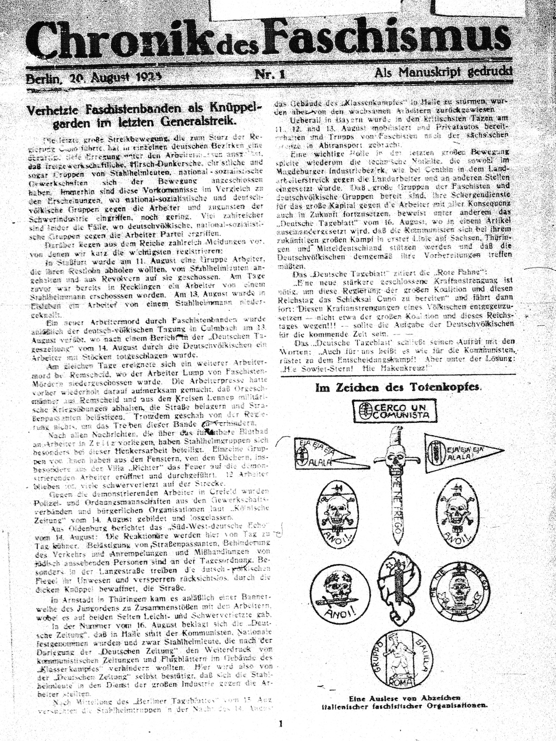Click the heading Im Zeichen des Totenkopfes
coord(398,387)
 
